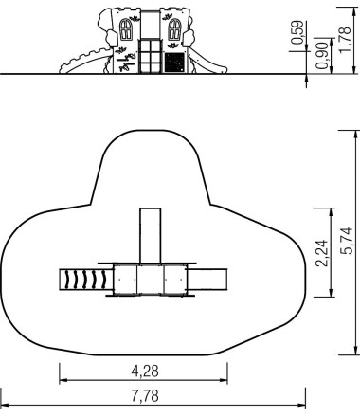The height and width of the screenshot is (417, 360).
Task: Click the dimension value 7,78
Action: tap(145, 396)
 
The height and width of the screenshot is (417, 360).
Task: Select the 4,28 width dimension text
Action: tap(145, 371)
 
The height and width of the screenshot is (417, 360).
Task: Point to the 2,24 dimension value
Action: tap(322, 253)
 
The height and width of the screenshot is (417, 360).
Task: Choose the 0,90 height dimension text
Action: tap(322, 56)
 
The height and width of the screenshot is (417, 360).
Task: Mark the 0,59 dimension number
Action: tap(297, 32)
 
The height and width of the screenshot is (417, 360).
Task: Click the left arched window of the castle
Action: tap(126, 29)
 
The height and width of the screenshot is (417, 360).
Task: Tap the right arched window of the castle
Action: tap(174, 29)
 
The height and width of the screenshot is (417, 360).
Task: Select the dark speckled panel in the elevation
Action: tap(174, 63)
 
